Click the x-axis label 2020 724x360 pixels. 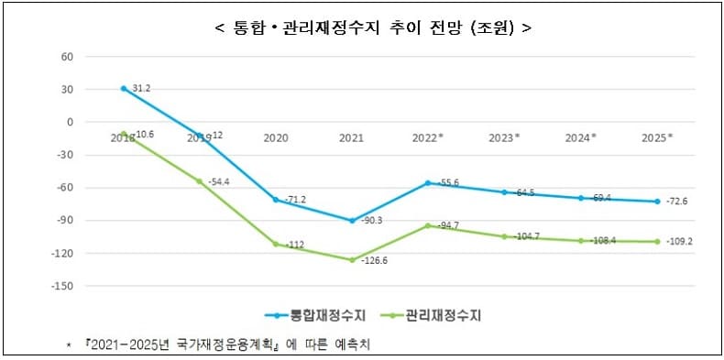tap(275, 137)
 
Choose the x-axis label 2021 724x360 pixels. tap(350, 137)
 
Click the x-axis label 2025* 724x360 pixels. tap(657, 137)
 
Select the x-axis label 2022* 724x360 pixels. tap(427, 137)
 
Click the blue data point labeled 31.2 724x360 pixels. tap(124, 89)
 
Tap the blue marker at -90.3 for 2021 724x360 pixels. tap(351, 221)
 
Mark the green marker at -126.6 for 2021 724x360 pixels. tap(351, 260)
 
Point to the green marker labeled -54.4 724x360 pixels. tap(200, 181)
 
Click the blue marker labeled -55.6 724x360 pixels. tap(427, 183)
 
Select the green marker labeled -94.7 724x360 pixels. tap(427, 225)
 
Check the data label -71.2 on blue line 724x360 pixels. tap(294, 199)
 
